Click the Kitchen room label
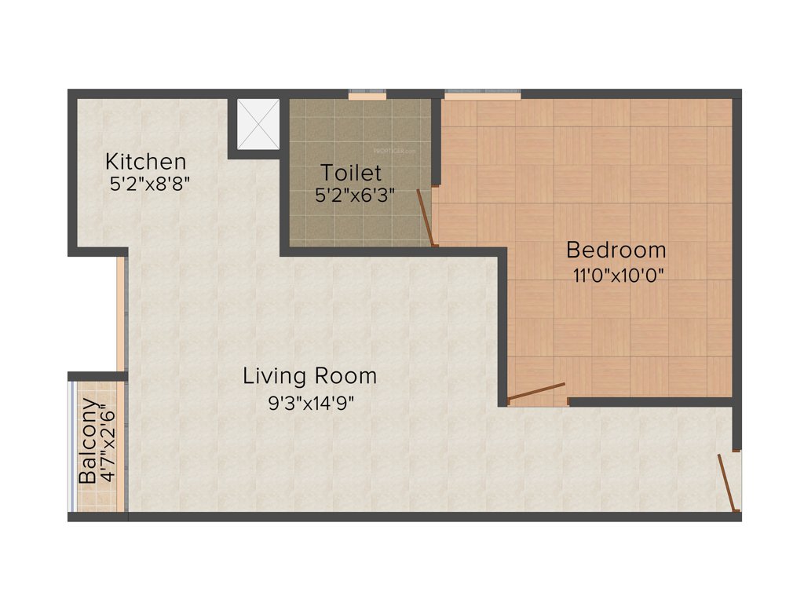click(x=146, y=162)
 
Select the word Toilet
click(x=351, y=172)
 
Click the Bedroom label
click(x=616, y=250)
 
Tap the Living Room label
click(x=309, y=376)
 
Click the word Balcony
click(x=88, y=442)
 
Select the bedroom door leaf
click(x=536, y=393)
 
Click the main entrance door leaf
click(x=729, y=483)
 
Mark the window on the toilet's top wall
click(x=367, y=96)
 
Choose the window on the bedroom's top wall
click(x=482, y=96)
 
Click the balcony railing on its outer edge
click(x=72, y=446)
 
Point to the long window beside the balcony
click(x=122, y=314)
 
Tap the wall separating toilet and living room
click(x=393, y=251)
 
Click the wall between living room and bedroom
click(x=502, y=330)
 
